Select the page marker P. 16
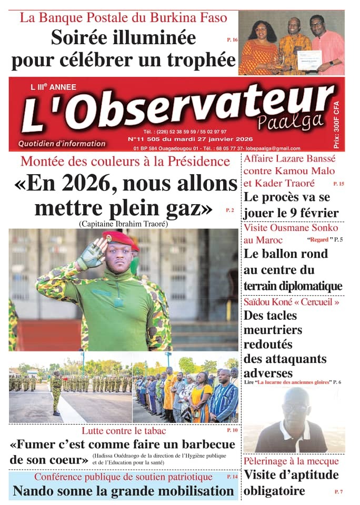click(232, 40)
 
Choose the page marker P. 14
click(232, 477)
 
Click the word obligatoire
click(274, 491)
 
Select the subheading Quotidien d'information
click(62, 144)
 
